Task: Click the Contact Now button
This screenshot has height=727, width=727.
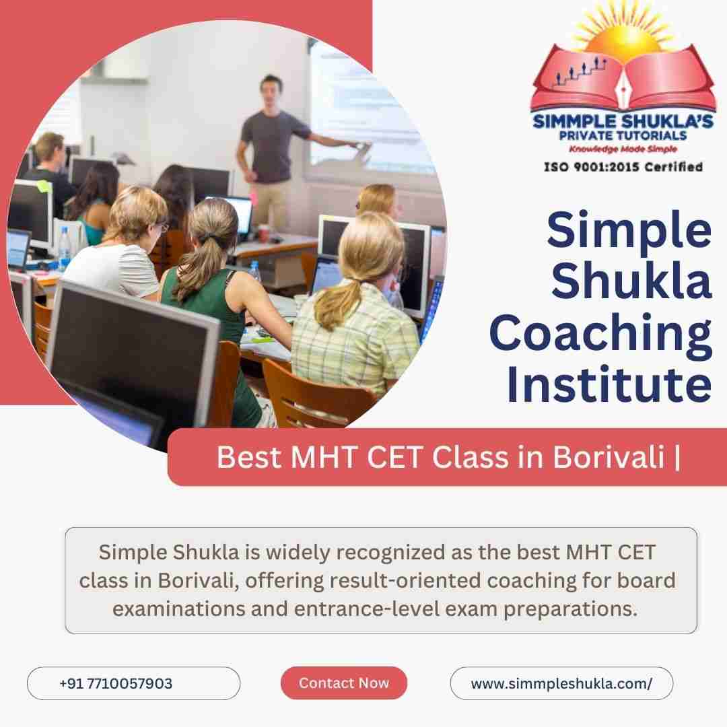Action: pyautogui.click(x=343, y=683)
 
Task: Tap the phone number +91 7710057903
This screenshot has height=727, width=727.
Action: pyautogui.click(x=116, y=683)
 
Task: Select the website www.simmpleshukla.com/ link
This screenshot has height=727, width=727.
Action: pyautogui.click(x=561, y=683)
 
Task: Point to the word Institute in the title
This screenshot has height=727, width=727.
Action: pyautogui.click(x=609, y=385)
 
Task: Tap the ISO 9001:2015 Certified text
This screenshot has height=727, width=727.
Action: pyautogui.click(x=623, y=166)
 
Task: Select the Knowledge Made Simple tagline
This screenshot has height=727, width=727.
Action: pyautogui.click(x=623, y=149)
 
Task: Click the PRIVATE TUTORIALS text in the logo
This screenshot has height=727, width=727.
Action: pyautogui.click(x=623, y=135)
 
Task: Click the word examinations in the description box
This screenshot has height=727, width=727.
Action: pyautogui.click(x=178, y=609)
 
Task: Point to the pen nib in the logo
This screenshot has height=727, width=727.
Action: pyautogui.click(x=623, y=90)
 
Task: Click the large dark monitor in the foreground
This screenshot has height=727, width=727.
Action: pyautogui.click(x=132, y=352)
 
